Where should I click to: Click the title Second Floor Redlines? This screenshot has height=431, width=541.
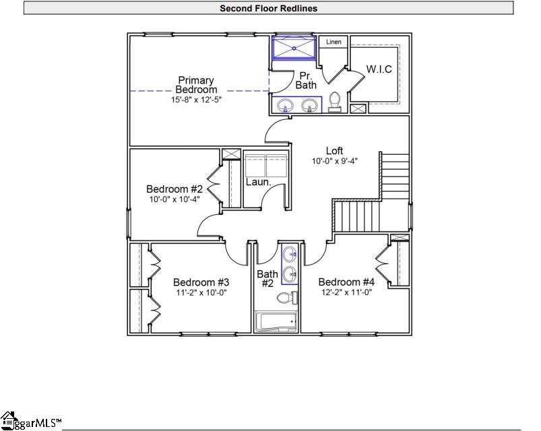click(268, 9)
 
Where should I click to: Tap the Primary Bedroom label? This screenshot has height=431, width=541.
click(196, 85)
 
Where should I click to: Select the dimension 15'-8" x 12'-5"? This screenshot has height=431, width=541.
click(196, 100)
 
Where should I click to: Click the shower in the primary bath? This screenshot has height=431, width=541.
click(293, 48)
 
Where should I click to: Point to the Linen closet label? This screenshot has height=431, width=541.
click(333, 42)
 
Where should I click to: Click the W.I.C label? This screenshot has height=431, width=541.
click(379, 69)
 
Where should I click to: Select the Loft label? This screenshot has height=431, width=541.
click(335, 151)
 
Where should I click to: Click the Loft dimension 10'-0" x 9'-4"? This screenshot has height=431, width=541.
click(335, 161)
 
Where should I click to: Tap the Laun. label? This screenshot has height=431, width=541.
click(257, 182)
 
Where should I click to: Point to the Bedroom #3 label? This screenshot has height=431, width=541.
click(201, 282)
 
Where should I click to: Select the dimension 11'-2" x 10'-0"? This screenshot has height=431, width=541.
click(201, 292)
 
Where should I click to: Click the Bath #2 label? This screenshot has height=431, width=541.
click(267, 279)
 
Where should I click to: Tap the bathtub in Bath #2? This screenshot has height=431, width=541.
click(277, 321)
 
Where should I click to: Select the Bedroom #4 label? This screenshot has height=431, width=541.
click(346, 282)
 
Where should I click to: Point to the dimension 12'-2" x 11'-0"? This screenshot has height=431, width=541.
click(346, 292)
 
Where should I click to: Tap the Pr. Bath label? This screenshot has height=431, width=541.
click(306, 80)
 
